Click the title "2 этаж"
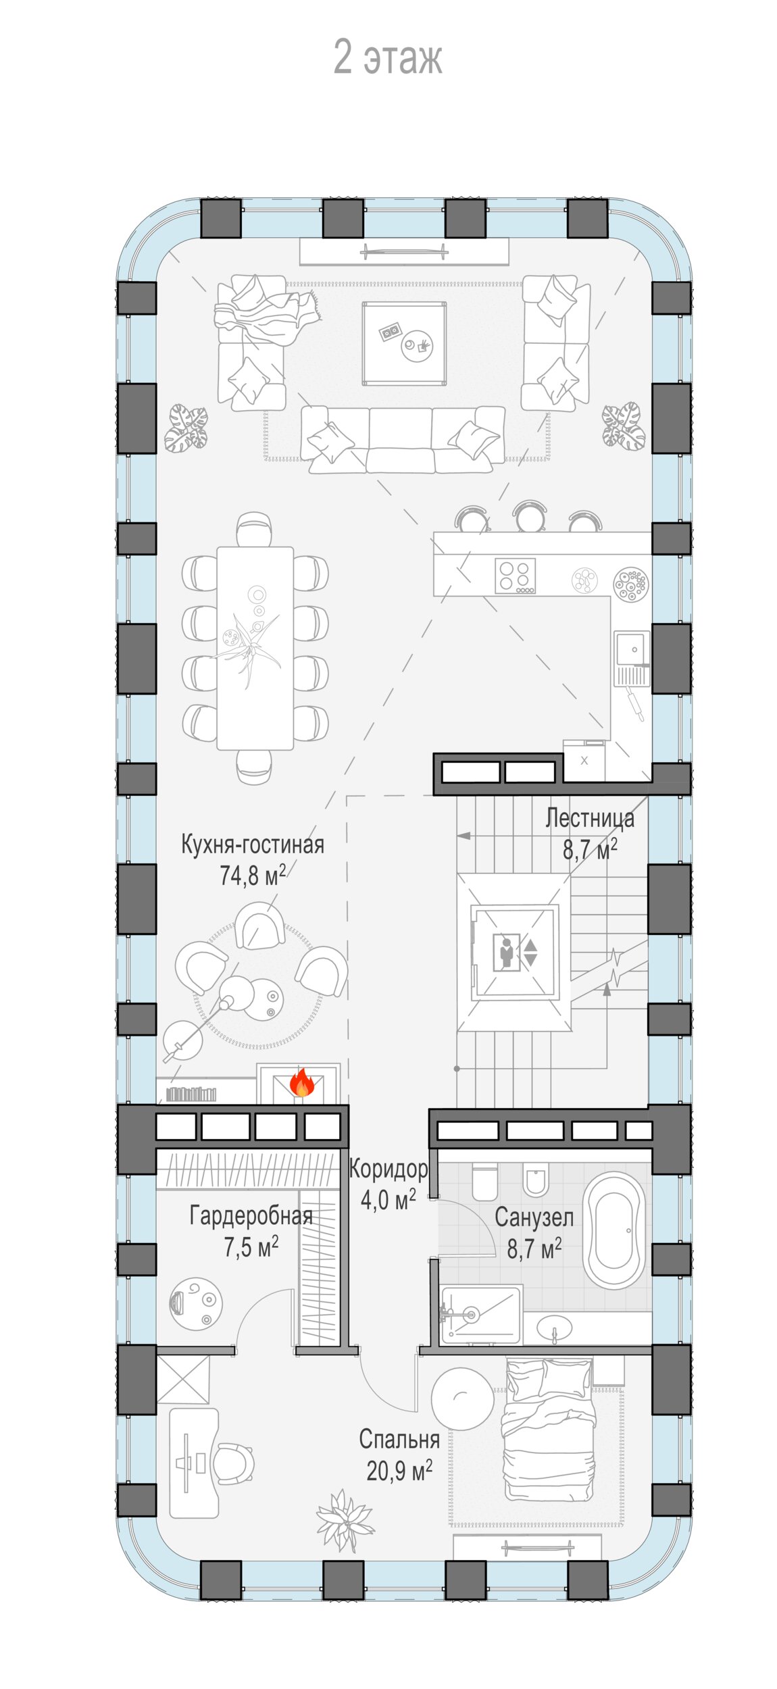[x=388, y=57]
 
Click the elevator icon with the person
[x=507, y=953]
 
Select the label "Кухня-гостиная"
[x=253, y=845]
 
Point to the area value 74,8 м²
[x=253, y=875]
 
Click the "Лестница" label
[x=590, y=818]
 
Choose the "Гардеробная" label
[x=251, y=1216]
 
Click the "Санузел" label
[x=534, y=1217]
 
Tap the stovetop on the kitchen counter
[x=516, y=576]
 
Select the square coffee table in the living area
[x=404, y=343]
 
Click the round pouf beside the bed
[x=462, y=1399]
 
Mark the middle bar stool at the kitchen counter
[x=529, y=516]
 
